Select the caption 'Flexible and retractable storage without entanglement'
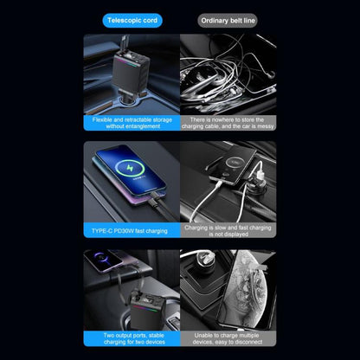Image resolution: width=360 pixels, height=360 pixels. [x=133, y=123]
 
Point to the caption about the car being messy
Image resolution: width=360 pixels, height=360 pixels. [x=226, y=123]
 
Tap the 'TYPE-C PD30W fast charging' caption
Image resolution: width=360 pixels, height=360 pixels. [x=133, y=230]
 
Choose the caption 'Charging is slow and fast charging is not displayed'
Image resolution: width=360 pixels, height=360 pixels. [x=226, y=230]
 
